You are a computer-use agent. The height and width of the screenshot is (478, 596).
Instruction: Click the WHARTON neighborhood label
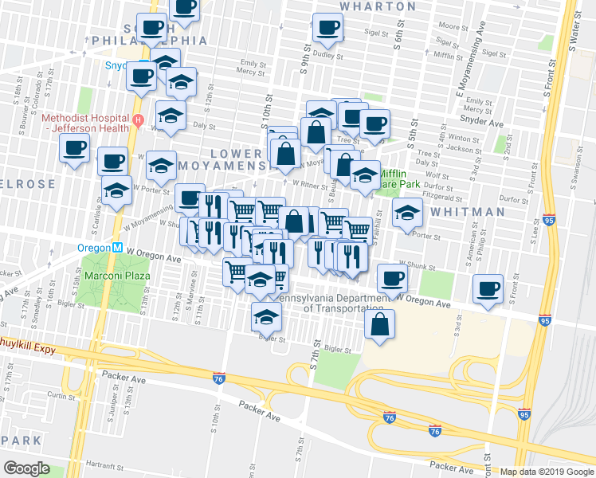coord(378,6)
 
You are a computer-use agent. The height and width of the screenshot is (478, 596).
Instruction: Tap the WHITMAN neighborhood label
coord(468,212)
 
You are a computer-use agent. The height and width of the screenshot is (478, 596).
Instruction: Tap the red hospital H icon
coord(138,122)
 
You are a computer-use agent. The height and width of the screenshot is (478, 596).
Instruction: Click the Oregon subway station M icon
coord(117,247)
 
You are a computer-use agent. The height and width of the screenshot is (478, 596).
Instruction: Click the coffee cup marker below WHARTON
coord(327,29)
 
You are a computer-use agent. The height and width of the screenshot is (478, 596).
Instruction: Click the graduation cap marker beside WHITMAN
coord(406,213)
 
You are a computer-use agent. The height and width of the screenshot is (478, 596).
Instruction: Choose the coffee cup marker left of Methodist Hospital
coord(75,148)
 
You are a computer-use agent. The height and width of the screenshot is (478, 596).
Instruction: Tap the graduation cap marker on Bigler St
coord(266,316)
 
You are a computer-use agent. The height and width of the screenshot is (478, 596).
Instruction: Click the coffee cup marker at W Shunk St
coord(390,278)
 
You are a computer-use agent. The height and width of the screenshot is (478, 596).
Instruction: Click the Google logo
coord(26,468)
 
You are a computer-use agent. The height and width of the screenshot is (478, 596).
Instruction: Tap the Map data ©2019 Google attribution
coord(546,472)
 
